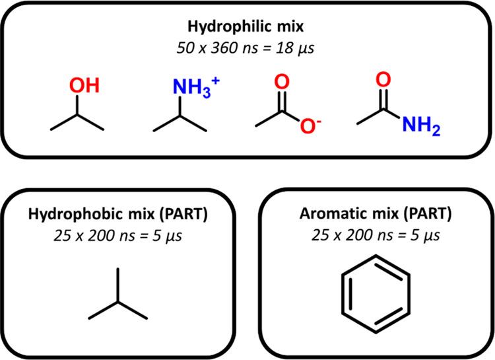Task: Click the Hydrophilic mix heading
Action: (x=247, y=30)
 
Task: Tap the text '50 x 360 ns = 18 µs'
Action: (x=247, y=48)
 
